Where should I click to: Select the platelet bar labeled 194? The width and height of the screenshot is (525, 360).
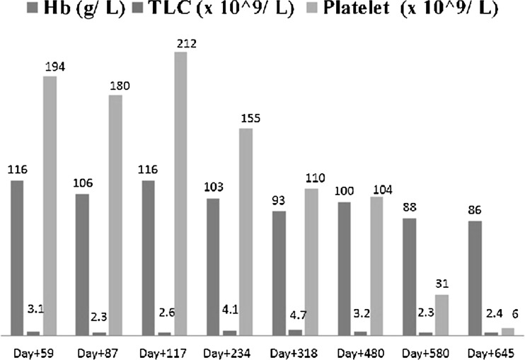[x=50, y=205]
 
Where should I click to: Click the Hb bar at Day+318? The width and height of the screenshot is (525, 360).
[x=278, y=272]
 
